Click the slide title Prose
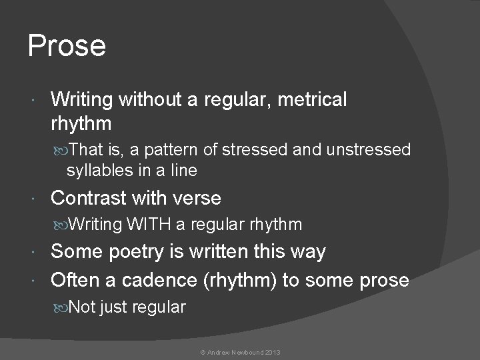tap(67, 46)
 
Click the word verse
tap(197, 198)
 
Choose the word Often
tap(75, 280)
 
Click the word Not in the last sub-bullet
tap(82, 307)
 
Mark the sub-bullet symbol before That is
tap(62, 151)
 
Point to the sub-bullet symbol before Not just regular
tap(62, 308)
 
